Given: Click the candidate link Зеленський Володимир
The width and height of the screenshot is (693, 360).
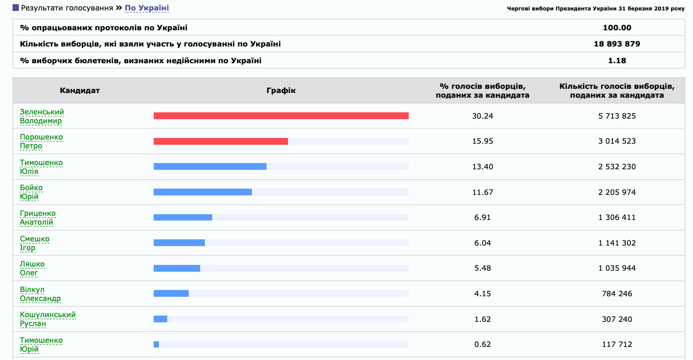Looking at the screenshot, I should coord(42,116).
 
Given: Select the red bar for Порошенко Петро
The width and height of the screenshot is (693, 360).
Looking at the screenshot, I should coord(221,141).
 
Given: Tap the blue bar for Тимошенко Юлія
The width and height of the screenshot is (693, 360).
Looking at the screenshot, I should coord(210,167).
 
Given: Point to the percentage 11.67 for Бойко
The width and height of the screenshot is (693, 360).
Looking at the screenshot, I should coord(482,192).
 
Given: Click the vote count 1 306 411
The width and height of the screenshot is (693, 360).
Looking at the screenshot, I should coord(617,217).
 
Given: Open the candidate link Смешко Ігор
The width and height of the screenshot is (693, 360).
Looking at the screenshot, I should coord(34,243).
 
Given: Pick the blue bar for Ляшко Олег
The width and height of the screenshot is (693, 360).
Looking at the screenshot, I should coord(177,268).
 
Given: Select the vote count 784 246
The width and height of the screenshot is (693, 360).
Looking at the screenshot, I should coord(617,294).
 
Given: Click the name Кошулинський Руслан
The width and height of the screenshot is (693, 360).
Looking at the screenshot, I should coord(48,319).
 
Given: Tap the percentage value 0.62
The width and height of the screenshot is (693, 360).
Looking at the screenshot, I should coord(482,344).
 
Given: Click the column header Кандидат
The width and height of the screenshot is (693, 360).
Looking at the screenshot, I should coord(79,90).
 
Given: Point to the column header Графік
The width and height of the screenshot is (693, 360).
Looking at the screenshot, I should coord(281,90).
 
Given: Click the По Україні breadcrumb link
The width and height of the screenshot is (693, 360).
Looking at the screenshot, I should coord(147,8).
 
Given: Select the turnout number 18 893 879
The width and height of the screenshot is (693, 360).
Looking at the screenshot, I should coord(617,44).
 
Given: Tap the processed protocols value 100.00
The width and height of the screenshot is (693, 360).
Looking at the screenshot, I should coord(617,28).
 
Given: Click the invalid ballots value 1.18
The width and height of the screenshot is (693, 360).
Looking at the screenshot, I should coord(617,61).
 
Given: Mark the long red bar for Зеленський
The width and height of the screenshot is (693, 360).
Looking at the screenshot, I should coord(281,116).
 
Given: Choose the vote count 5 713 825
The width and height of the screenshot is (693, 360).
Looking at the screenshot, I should coord(617,116).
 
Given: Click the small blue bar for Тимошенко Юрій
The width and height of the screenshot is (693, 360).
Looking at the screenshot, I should coord(156,344).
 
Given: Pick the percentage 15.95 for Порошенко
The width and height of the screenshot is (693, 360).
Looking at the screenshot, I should coord(482,141).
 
